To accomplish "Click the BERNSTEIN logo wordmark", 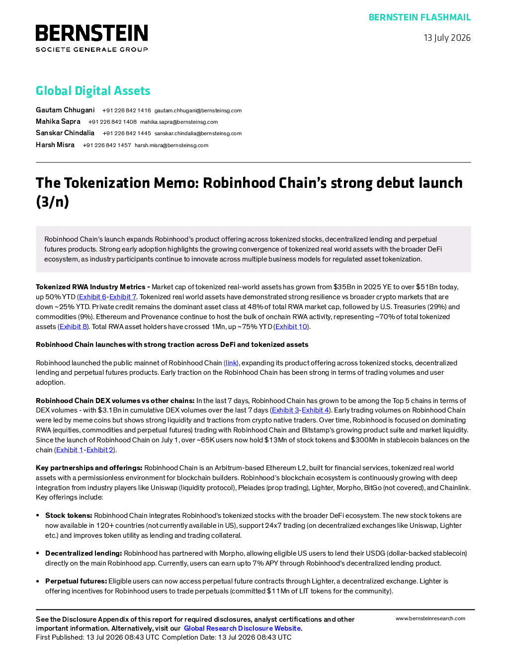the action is (x=92, y=33).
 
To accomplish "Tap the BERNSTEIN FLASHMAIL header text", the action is (x=420, y=17).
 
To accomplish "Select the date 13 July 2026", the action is (x=447, y=38).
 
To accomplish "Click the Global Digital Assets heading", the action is (x=93, y=90).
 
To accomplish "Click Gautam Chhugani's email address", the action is (x=198, y=110).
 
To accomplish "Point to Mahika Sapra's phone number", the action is (x=112, y=122).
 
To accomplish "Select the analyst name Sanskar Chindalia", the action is (x=65, y=133).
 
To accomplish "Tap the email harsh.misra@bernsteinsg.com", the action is (x=171, y=145).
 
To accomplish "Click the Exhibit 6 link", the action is (x=93, y=297).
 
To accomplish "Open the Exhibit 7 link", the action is (x=123, y=297).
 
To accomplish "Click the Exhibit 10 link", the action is (x=291, y=327).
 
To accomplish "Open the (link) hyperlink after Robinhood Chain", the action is (x=231, y=363).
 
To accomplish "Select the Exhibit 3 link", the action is (x=285, y=410).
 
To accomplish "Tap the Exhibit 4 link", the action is (x=315, y=410).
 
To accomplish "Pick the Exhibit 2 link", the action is (x=100, y=450).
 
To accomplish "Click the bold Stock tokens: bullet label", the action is (x=69, y=515).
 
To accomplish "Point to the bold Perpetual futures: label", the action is (x=76, y=581).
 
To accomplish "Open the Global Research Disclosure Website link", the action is (x=243, y=628).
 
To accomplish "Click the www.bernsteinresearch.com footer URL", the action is (x=430, y=619).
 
